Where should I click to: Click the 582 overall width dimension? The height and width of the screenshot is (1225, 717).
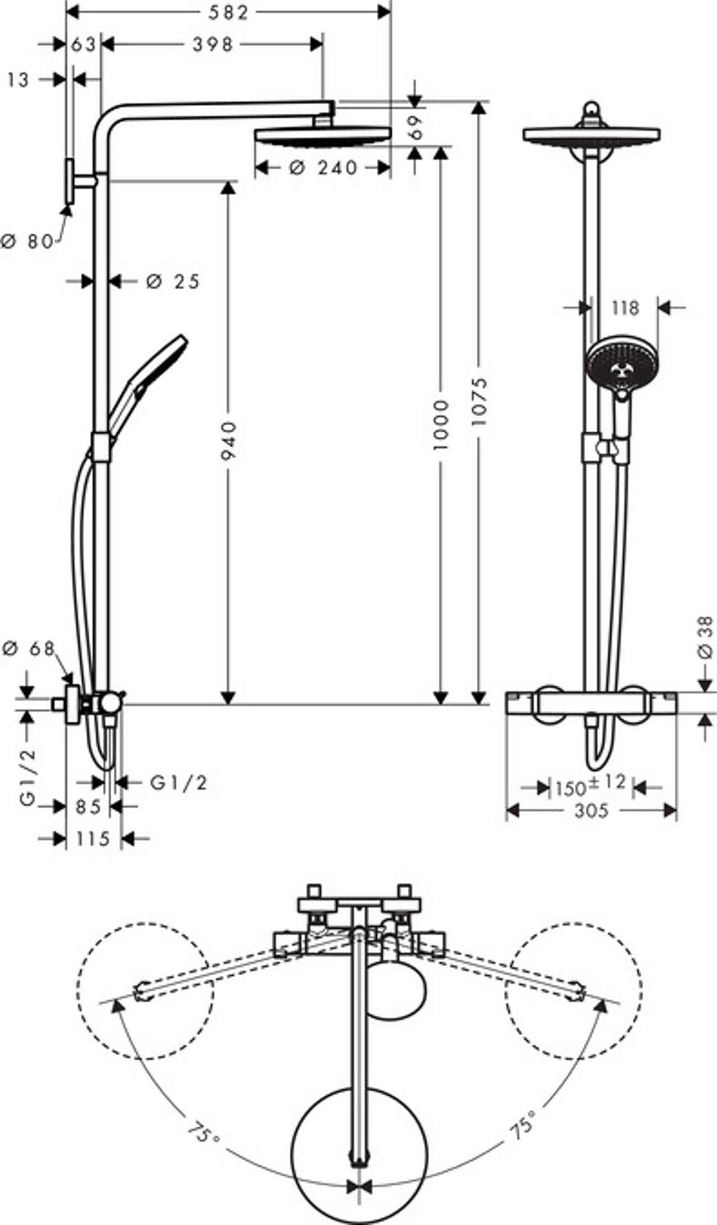coord(228,12)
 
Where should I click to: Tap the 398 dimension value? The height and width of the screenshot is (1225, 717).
coord(213,44)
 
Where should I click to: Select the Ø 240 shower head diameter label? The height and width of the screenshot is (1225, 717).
coord(324,167)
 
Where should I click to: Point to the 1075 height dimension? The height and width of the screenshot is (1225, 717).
coord(479,401)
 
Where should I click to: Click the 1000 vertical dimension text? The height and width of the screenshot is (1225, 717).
coord(441,425)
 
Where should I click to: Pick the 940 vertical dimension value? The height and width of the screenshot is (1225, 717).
coord(228,441)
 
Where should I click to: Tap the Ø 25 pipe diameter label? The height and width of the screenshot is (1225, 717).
coord(173,281)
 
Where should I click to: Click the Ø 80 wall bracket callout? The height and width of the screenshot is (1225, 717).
coord(27,241)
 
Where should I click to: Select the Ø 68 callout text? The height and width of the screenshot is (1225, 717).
coord(29,649)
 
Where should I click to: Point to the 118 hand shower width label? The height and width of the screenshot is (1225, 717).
coord(625,308)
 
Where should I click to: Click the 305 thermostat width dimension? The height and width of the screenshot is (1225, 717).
coord(591,811)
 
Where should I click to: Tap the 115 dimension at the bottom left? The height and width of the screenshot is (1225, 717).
coord(92,839)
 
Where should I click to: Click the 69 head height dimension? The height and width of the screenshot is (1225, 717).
coord(415,127)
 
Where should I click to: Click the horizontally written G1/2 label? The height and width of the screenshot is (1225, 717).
coord(179,782)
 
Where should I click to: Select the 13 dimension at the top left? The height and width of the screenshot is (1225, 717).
coord(18,80)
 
